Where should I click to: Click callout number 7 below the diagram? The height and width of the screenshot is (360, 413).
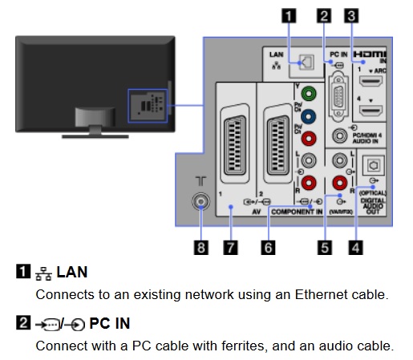point(230,248)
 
